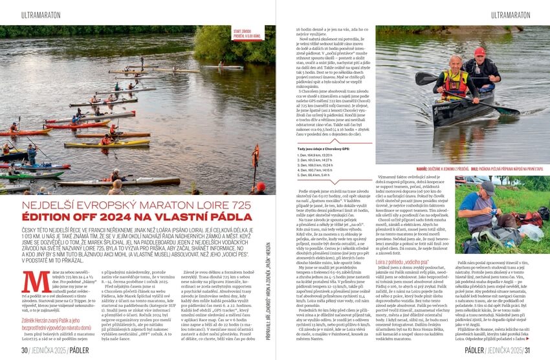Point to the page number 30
point(24,350)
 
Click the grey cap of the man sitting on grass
point(488,186)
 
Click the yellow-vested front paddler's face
point(456,62)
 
